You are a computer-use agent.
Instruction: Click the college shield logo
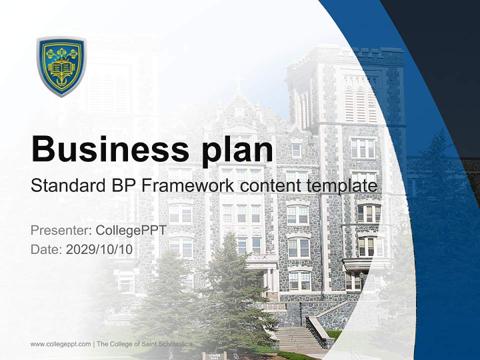click(x=61, y=66)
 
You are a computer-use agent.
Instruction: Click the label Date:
click(x=46, y=249)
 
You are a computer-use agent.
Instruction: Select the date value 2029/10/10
click(x=99, y=249)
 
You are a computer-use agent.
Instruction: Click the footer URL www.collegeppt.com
click(x=60, y=344)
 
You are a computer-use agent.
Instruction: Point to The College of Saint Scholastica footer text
click(x=144, y=344)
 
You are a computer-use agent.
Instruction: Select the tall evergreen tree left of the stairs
click(x=225, y=290)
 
